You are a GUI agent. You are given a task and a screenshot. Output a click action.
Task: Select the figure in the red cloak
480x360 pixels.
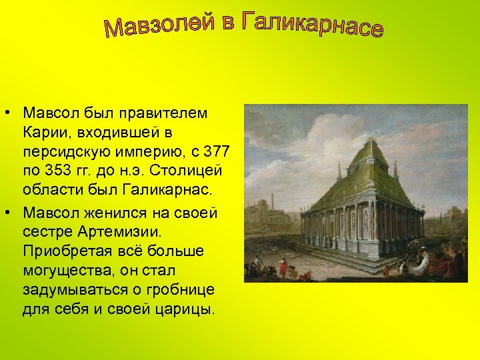(x=283, y=268)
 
